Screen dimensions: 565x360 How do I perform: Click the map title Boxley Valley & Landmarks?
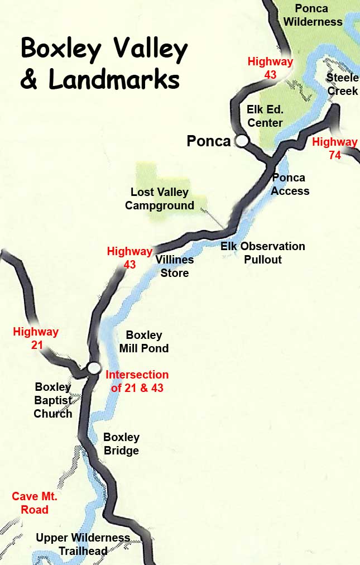point(104,65)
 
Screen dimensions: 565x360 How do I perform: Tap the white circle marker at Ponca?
point(242,141)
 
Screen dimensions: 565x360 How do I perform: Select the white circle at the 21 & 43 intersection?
point(94,367)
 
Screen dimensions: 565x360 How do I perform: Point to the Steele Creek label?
point(342,84)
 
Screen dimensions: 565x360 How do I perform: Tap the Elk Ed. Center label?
point(265,116)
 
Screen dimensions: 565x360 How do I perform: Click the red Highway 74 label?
point(334,149)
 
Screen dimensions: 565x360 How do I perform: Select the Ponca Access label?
point(290,184)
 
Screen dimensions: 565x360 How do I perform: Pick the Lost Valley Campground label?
point(160,199)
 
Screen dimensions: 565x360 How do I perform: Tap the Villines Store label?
point(175,266)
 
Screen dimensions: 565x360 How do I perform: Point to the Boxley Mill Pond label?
point(144,342)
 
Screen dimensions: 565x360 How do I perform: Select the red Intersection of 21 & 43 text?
point(137,381)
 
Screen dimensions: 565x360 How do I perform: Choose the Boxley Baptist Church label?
point(53,400)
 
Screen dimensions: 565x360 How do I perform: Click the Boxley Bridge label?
point(121,444)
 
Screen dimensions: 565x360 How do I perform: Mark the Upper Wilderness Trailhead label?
point(83,544)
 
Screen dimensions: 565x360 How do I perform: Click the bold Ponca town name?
point(208,141)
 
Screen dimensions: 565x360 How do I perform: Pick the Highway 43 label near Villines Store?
point(129,258)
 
